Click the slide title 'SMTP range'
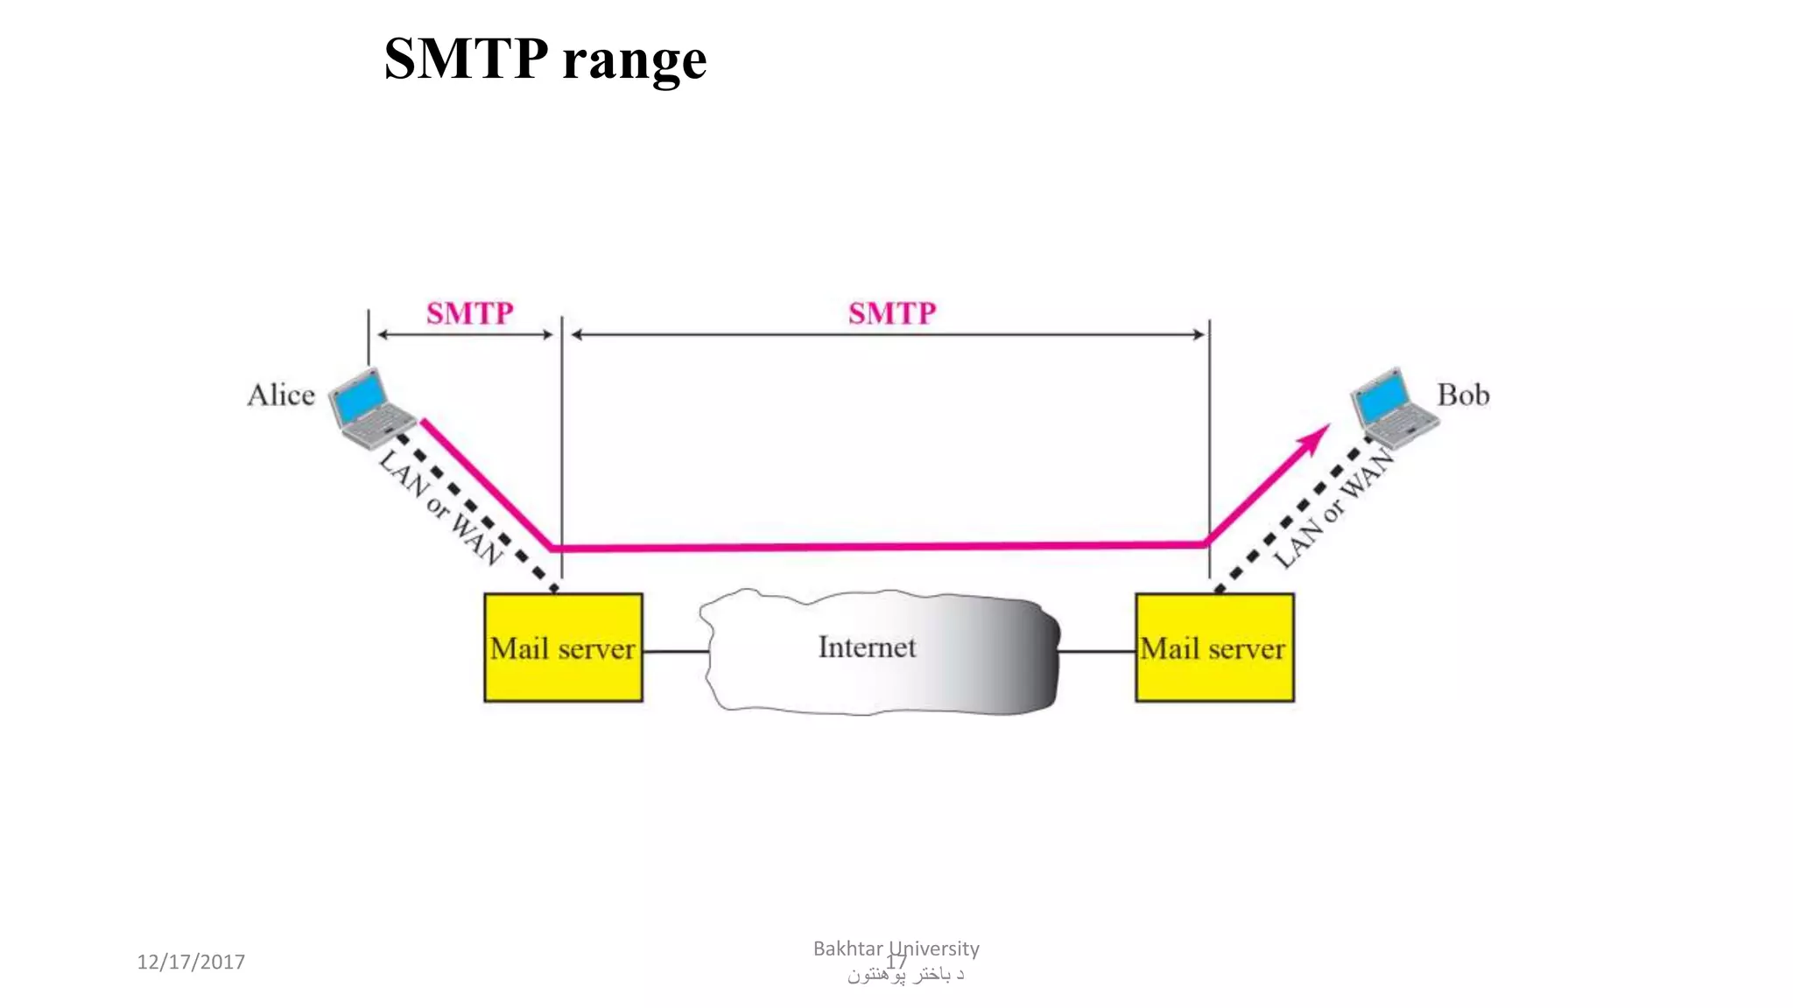coord(545,59)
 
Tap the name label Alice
coord(280,395)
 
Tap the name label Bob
coord(1463,395)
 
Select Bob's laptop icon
coord(1393,407)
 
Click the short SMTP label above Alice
coord(469,313)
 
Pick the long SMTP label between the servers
coord(891,313)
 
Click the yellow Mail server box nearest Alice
coord(563,647)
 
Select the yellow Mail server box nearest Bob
coord(1214,647)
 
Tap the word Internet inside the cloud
coord(867,647)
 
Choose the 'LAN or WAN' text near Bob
coord(1333,507)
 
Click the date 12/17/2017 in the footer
coord(191,962)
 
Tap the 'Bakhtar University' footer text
coord(896,948)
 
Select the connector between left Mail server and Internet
coord(675,651)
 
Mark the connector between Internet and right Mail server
coord(1097,651)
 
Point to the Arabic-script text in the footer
coord(905,975)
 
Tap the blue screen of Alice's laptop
coord(362,395)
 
